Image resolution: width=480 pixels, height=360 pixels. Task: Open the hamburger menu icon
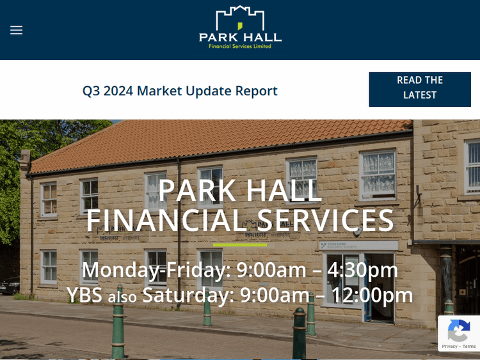click(17, 30)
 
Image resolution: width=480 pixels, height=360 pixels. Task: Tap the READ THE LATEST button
click(419, 88)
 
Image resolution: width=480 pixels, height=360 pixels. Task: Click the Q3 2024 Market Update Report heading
click(180, 91)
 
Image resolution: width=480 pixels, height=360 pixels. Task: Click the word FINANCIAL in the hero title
click(165, 221)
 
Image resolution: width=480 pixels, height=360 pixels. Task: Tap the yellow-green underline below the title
click(240, 244)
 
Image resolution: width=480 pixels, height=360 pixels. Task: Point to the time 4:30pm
click(362, 270)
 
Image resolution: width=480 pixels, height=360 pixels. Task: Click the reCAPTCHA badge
click(458, 333)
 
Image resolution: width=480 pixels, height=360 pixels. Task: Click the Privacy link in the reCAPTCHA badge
click(449, 347)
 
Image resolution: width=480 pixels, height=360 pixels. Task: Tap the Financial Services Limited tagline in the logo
click(240, 46)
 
